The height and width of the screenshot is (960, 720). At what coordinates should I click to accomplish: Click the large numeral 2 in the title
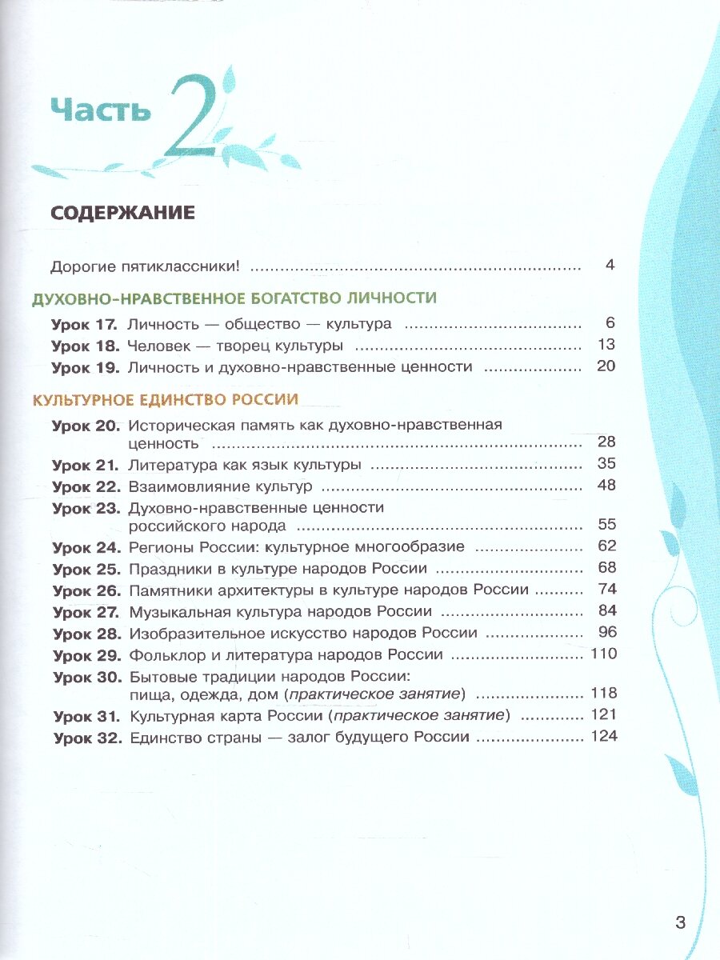click(x=193, y=117)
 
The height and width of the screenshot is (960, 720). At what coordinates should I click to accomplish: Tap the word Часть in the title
click(x=100, y=110)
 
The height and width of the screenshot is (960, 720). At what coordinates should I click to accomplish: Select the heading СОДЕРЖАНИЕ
click(x=122, y=213)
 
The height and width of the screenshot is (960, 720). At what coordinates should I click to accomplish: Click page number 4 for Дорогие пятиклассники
click(x=610, y=265)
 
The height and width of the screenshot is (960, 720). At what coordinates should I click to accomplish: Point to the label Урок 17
click(x=84, y=324)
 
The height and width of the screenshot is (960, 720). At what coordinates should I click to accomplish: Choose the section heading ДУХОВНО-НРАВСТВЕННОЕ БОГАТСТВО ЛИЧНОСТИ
click(x=234, y=298)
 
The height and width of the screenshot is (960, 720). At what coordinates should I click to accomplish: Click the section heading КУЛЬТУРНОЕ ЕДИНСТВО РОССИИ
click(x=164, y=399)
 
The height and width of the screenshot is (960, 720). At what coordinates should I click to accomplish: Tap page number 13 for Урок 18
click(x=606, y=346)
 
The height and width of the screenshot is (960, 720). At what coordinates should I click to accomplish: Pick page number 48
click(x=606, y=486)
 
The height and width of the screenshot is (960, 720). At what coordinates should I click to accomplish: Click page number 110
click(x=603, y=654)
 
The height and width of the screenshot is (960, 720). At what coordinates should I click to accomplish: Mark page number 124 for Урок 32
click(x=603, y=736)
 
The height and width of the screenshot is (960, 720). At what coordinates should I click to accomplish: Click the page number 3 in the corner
click(x=680, y=923)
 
